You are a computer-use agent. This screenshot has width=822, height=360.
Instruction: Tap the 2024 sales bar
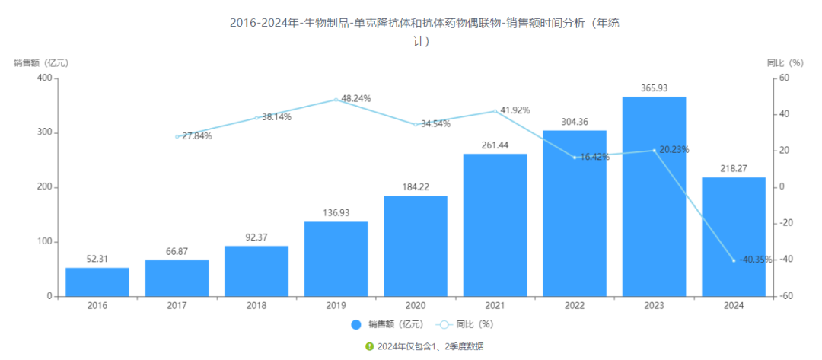click(734, 237)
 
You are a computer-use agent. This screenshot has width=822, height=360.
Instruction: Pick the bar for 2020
click(416, 246)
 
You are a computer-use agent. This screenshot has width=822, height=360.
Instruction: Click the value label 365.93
click(654, 88)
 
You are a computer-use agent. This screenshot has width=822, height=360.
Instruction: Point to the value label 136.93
click(336, 213)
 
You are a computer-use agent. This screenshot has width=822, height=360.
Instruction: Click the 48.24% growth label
click(355, 98)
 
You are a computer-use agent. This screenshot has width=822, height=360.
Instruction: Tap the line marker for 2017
click(177, 136)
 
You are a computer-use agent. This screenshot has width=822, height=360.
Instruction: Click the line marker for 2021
click(495, 111)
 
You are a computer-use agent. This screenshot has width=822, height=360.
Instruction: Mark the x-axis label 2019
click(336, 306)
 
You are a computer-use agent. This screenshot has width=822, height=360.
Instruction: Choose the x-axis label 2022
click(575, 306)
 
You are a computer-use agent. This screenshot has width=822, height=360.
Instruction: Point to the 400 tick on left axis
click(44, 78)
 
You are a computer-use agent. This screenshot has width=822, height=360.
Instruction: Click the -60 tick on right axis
click(782, 296)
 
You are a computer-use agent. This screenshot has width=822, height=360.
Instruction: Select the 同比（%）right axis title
click(785, 62)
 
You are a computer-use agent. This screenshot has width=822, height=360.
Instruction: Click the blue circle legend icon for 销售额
click(356, 324)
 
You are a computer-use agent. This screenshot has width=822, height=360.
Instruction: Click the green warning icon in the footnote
click(369, 346)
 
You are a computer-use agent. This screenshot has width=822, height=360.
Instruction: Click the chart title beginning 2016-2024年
click(425, 23)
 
